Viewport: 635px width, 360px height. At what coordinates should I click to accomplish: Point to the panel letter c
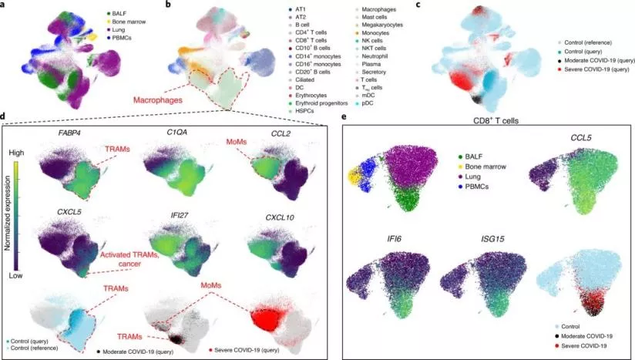418,6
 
